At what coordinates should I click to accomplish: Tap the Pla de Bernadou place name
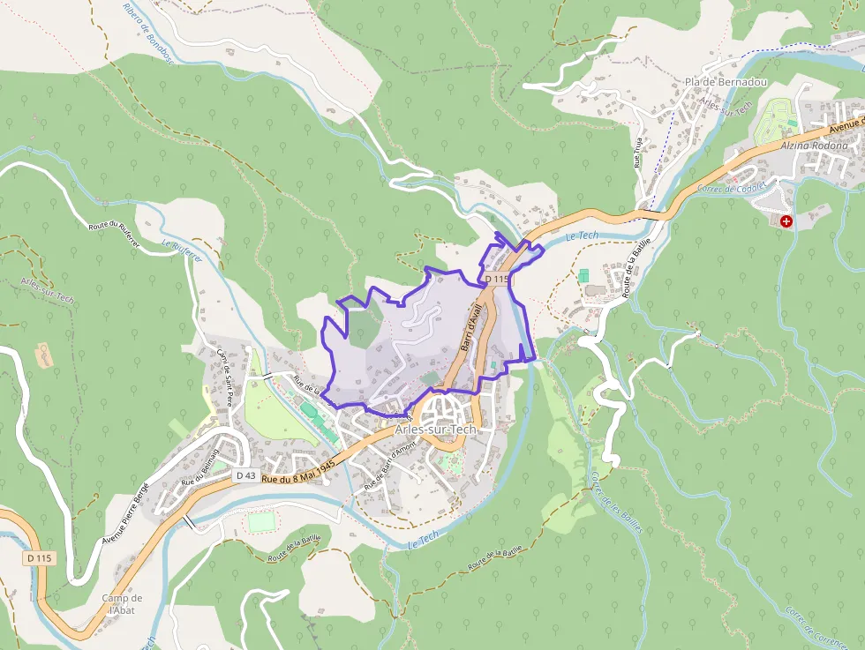(x=726, y=82)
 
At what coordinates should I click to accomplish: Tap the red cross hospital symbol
(x=786, y=220)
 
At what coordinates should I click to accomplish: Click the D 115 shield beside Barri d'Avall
(x=497, y=279)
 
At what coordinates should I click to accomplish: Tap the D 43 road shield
(x=246, y=475)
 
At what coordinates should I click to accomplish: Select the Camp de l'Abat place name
(x=122, y=604)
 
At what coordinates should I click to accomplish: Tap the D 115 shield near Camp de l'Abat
(x=40, y=557)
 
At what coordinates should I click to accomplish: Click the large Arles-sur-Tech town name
(x=436, y=430)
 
